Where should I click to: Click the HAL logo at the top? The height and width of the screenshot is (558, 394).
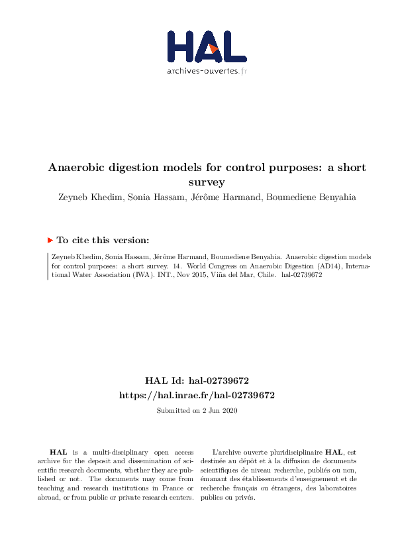pos(207,46)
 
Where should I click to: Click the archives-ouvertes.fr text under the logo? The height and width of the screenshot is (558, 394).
pos(207,71)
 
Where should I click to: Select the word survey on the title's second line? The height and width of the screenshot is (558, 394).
pos(207,181)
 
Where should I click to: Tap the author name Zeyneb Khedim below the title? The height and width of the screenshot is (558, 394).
pos(87,196)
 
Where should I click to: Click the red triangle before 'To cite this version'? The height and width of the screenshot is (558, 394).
pos(50,241)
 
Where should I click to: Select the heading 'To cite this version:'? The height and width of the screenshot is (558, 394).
pos(103,241)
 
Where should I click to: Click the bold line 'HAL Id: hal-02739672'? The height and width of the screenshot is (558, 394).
pos(197,381)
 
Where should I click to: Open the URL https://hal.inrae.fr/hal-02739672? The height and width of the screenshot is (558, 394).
pos(197,395)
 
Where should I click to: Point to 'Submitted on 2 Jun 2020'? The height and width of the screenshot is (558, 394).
pos(197,411)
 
